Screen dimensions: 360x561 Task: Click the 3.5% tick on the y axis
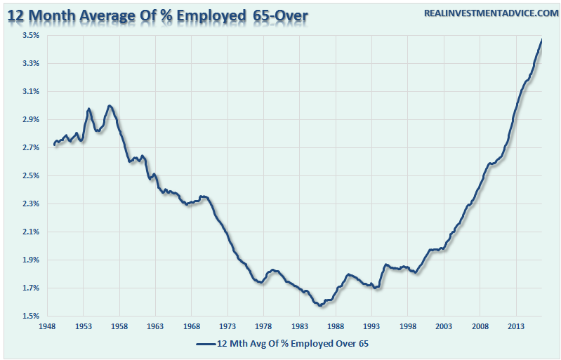click(29, 35)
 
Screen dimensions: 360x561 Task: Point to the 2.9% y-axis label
click(29, 119)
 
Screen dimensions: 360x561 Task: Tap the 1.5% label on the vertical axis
click(29, 316)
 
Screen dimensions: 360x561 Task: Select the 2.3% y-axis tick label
click(29, 204)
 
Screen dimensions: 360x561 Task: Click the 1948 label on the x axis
click(47, 326)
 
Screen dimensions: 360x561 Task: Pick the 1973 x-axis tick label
click(227, 326)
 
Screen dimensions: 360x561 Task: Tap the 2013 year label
click(515, 326)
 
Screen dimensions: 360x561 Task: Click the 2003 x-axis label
click(444, 326)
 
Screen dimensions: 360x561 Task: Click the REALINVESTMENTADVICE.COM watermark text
click(489, 13)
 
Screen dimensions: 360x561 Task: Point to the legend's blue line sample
click(204, 344)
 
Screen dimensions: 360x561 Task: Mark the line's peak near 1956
click(110, 106)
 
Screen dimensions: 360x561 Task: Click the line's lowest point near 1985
click(320, 305)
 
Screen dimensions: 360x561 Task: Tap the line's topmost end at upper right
click(541, 40)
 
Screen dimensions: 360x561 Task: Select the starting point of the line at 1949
click(54, 145)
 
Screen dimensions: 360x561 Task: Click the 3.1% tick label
click(29, 91)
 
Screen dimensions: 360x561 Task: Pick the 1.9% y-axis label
click(29, 260)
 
